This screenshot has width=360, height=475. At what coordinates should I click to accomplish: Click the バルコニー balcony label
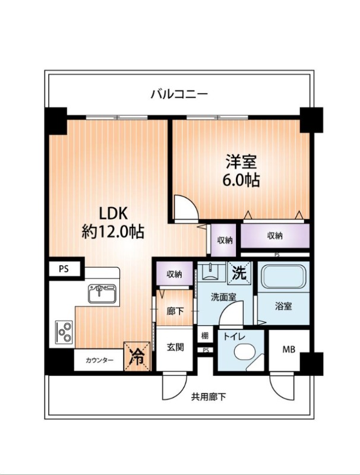pyautogui.click(x=179, y=94)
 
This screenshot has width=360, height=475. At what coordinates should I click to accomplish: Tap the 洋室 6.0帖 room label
pyautogui.click(x=242, y=171)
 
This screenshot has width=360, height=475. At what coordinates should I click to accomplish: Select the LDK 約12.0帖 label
pyautogui.click(x=113, y=223)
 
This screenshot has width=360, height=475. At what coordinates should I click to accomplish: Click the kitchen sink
pyautogui.click(x=102, y=294)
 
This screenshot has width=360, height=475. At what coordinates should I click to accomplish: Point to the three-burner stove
pyautogui.click(x=64, y=332)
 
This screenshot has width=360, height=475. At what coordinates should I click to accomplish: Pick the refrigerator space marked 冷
pyautogui.click(x=137, y=356)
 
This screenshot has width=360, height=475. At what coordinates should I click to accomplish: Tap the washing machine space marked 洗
pyautogui.click(x=239, y=273)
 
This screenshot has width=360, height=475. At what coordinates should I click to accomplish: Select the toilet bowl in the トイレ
pyautogui.click(x=245, y=351)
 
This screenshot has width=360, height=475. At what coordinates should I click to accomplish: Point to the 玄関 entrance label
pyautogui.click(x=175, y=347)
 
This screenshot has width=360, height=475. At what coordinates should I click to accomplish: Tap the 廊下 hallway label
pyautogui.click(x=175, y=311)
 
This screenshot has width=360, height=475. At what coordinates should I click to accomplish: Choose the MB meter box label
pyautogui.click(x=289, y=350)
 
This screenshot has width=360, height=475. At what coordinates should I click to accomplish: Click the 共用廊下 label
pyautogui.click(x=209, y=397)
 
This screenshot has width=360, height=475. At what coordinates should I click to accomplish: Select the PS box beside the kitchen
pyautogui.click(x=64, y=269)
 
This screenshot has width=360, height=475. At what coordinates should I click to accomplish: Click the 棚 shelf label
pyautogui.click(x=205, y=335)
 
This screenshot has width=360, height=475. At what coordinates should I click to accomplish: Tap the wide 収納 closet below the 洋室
pyautogui.click(x=275, y=236)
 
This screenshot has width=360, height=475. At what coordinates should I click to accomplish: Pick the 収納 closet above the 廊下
pyautogui.click(x=175, y=274)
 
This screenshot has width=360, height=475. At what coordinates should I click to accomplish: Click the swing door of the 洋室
pyautogui.click(x=187, y=207)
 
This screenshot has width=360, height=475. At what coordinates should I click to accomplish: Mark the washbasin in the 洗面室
pyautogui.click(x=210, y=271)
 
